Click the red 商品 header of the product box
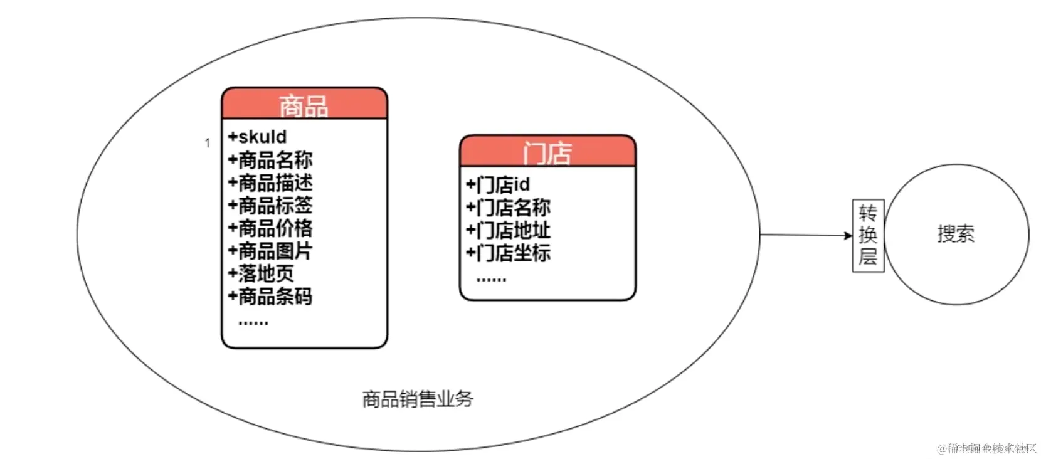tap(304, 104)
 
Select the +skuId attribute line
tap(257, 137)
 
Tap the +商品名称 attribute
tap(270, 160)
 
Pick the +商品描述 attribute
tap(270, 182)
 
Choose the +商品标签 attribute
tap(270, 205)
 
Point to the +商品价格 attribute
tap(270, 228)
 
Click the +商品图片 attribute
tap(270, 251)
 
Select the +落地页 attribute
tap(261, 273)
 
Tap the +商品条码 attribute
tap(270, 296)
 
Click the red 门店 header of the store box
tap(547, 152)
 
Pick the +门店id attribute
tap(498, 184)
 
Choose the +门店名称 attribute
tap(508, 207)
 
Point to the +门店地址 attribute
tap(508, 230)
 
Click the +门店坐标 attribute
tap(508, 253)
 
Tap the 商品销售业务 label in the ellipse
tap(418, 399)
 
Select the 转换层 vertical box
tap(868, 235)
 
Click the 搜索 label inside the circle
tap(956, 234)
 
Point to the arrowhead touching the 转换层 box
tap(848, 236)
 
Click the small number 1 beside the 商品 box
tap(208, 143)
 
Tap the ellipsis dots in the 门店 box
tap(491, 279)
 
